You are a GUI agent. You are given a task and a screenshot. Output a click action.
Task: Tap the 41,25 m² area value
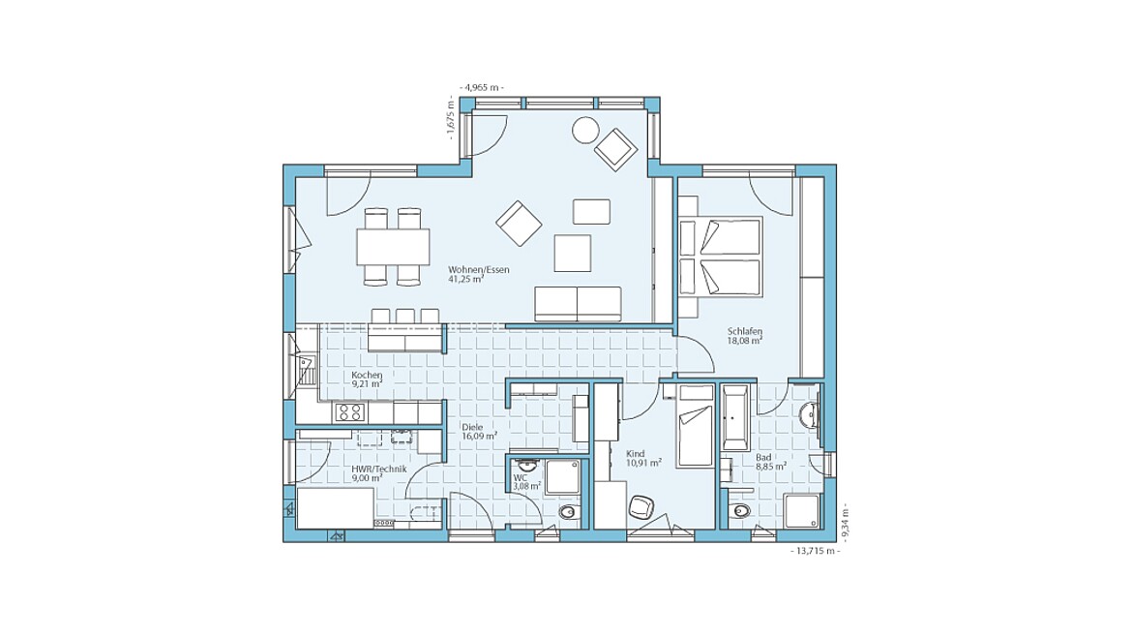465,279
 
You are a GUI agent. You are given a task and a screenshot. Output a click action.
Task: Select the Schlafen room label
745,331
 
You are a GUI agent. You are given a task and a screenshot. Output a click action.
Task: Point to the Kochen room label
367,376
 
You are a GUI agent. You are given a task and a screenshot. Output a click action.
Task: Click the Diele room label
472,428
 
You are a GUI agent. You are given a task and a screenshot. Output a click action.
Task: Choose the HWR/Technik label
379,469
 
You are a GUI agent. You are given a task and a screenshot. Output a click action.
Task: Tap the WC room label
521,478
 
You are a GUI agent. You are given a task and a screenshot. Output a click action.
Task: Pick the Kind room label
636,454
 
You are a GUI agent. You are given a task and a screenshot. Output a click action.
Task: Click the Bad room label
763,458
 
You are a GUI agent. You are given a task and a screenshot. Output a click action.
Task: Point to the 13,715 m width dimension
816,550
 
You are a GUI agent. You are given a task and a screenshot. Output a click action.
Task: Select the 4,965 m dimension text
482,87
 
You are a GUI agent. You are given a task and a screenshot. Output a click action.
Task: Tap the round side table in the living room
585,131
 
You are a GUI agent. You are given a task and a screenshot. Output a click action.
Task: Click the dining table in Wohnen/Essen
393,247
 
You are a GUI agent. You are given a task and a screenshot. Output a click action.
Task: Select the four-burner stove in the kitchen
350,412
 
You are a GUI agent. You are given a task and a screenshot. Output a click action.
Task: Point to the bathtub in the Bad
735,418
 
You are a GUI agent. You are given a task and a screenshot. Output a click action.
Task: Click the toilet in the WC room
567,513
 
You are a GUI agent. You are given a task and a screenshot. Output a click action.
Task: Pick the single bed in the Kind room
695,425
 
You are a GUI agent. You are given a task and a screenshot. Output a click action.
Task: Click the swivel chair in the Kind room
640,507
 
